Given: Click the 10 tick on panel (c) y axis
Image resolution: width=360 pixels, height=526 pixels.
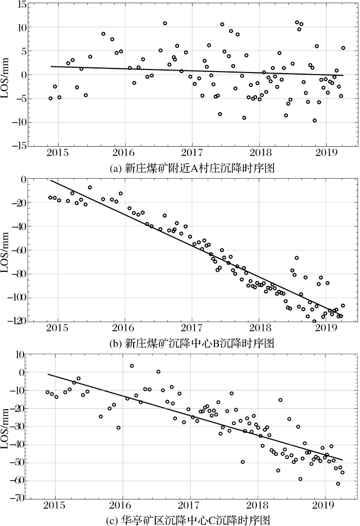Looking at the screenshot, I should (x=21, y=355).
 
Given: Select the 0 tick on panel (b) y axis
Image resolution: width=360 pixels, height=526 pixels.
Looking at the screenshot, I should (x=23, y=180).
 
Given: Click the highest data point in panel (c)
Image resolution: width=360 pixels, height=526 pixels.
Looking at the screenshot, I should (x=132, y=366).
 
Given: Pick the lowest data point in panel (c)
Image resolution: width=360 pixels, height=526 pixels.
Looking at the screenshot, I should (x=338, y=483).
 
